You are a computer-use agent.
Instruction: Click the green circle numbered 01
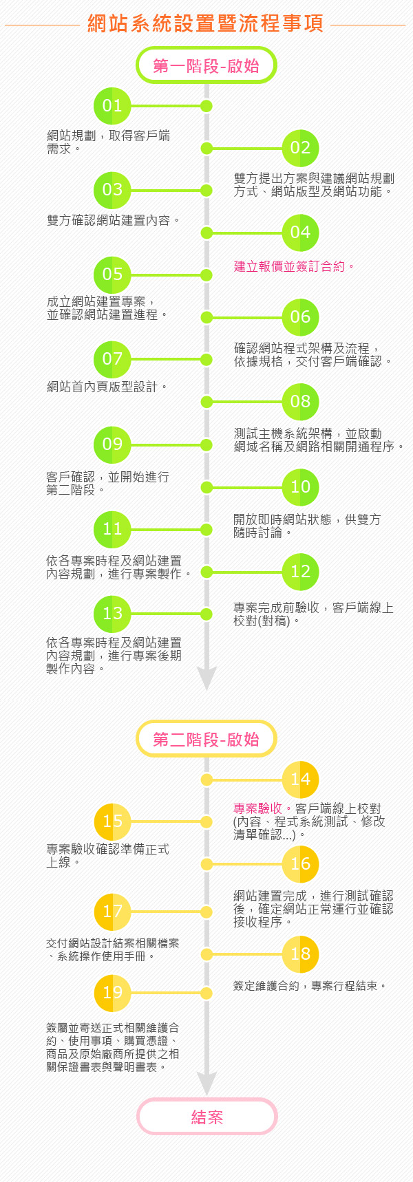click(x=112, y=106)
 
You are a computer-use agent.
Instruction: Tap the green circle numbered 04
click(x=301, y=233)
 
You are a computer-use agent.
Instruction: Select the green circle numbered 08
click(x=301, y=402)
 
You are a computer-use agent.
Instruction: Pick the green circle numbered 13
click(x=112, y=614)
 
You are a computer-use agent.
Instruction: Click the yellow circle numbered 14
click(x=301, y=780)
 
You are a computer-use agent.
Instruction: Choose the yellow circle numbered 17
click(x=112, y=912)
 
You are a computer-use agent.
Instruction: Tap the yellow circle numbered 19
click(x=112, y=993)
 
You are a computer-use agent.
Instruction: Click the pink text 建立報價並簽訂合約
click(x=289, y=266)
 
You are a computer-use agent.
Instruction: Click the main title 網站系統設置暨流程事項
click(x=206, y=23)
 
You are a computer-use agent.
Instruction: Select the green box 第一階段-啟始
click(x=206, y=65)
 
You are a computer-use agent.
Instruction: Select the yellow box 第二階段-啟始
click(x=206, y=739)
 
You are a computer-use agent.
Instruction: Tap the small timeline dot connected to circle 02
click(x=206, y=148)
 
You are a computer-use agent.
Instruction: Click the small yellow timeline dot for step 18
click(x=206, y=954)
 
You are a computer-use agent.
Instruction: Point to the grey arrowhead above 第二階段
click(x=206, y=678)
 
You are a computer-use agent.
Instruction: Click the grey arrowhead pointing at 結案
click(x=206, y=1083)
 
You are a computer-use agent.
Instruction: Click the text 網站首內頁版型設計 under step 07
click(x=103, y=387)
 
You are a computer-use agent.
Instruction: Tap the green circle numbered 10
click(x=301, y=487)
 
